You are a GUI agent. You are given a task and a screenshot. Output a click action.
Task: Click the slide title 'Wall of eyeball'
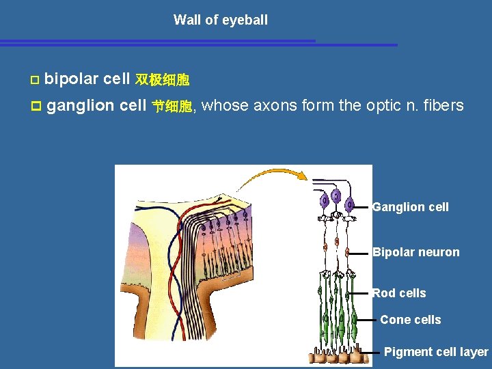click(220, 20)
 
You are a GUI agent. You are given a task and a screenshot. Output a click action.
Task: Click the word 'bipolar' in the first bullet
click(71, 79)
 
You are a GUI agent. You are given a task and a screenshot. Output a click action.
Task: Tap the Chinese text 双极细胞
click(162, 81)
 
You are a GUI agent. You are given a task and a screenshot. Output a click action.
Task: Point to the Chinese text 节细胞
click(172, 107)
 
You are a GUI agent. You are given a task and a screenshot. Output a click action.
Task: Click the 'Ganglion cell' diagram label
click(410, 207)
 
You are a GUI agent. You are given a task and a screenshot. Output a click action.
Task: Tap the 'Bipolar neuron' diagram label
click(415, 252)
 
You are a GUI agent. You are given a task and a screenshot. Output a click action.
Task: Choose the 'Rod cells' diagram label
click(398, 293)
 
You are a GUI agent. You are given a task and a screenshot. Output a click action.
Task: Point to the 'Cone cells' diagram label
click(410, 320)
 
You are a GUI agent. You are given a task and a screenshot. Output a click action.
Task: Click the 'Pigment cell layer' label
click(436, 352)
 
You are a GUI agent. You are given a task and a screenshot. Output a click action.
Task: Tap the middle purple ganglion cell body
click(336, 197)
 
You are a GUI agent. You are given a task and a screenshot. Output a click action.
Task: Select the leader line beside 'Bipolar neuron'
click(360, 252)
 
